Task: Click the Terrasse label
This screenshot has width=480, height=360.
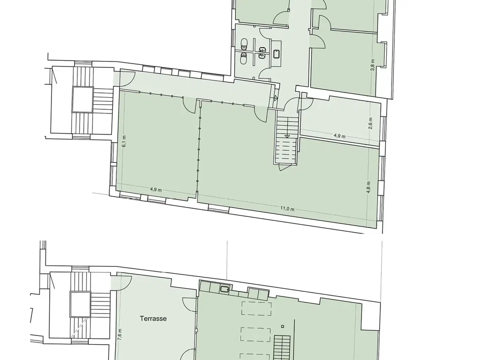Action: (153, 318)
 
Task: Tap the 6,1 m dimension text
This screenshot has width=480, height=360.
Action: (124, 141)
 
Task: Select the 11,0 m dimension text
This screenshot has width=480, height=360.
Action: (287, 209)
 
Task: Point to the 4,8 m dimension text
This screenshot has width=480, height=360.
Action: (369, 187)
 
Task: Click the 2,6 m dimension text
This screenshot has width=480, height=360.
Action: (370, 123)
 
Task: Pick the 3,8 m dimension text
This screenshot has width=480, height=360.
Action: (373, 65)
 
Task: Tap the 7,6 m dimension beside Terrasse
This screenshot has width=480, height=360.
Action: (120, 334)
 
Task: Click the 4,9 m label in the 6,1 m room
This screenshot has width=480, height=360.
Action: (156, 189)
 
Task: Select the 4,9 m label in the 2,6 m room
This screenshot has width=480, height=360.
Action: (339, 136)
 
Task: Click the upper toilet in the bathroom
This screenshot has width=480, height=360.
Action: (244, 44)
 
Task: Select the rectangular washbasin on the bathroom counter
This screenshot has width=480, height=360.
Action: (276, 54)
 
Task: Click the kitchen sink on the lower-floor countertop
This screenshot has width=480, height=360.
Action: (225, 289)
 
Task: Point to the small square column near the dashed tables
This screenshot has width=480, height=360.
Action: (282, 326)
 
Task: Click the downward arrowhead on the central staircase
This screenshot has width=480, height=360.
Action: (287, 136)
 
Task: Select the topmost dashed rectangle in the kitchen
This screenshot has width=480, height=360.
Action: (256, 309)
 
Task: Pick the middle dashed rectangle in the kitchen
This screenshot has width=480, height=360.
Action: (255, 334)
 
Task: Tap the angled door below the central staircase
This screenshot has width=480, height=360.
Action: (285, 167)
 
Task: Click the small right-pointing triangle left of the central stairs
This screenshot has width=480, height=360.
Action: (276, 98)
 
